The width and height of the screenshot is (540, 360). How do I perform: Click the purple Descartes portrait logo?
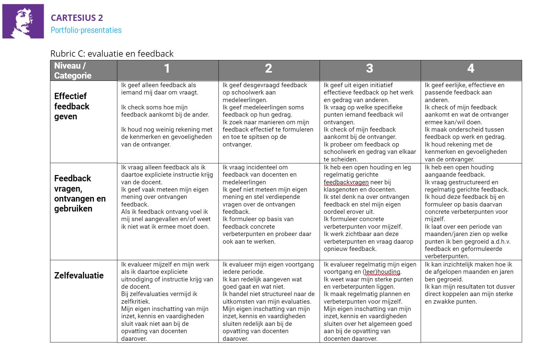(x=23, y=21)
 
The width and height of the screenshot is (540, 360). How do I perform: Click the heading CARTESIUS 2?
(x=77, y=18)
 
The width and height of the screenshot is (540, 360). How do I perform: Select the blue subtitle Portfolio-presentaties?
(x=86, y=30)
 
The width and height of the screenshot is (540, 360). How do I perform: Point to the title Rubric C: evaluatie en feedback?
(x=112, y=54)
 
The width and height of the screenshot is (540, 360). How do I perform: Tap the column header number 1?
(x=167, y=69)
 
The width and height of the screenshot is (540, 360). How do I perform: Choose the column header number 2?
(x=269, y=69)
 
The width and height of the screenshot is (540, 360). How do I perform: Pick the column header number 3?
(x=370, y=69)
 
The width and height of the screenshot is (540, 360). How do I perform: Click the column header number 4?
(x=471, y=69)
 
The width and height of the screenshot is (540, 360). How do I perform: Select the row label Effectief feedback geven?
(x=72, y=106)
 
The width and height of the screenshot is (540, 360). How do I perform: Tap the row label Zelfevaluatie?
(x=79, y=275)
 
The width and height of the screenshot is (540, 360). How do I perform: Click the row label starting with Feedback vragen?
(x=80, y=194)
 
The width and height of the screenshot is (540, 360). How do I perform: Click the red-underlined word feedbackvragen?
(x=346, y=182)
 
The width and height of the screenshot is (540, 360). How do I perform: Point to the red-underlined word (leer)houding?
(x=382, y=272)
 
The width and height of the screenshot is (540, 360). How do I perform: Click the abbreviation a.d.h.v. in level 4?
(x=499, y=242)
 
